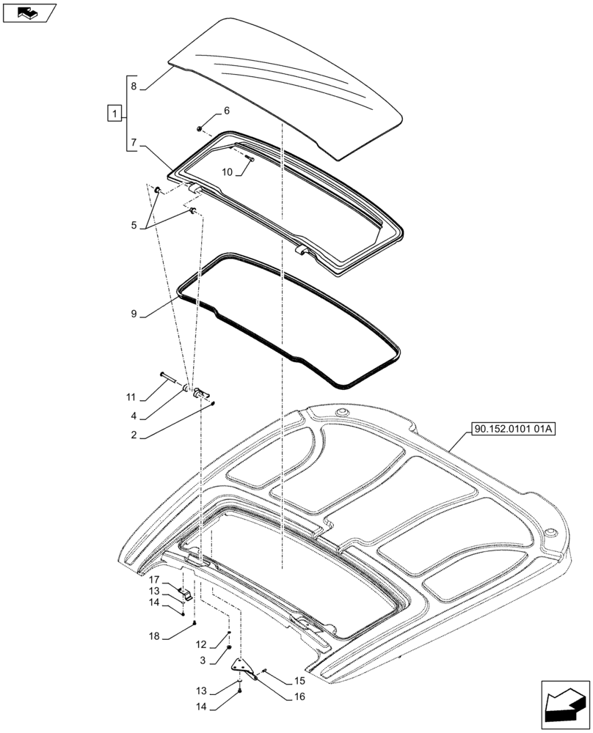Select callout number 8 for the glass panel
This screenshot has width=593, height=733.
point(134,86)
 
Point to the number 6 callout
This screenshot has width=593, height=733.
point(226,111)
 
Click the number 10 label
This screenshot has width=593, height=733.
point(227,172)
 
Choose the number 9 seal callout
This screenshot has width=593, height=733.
point(134,314)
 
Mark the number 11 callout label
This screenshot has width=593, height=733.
point(131,397)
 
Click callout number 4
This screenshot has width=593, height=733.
point(134,416)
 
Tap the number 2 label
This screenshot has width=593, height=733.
point(134,435)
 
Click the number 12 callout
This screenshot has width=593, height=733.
point(200,644)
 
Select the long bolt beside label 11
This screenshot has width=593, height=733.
point(167,378)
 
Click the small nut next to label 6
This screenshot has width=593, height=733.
point(200,128)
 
